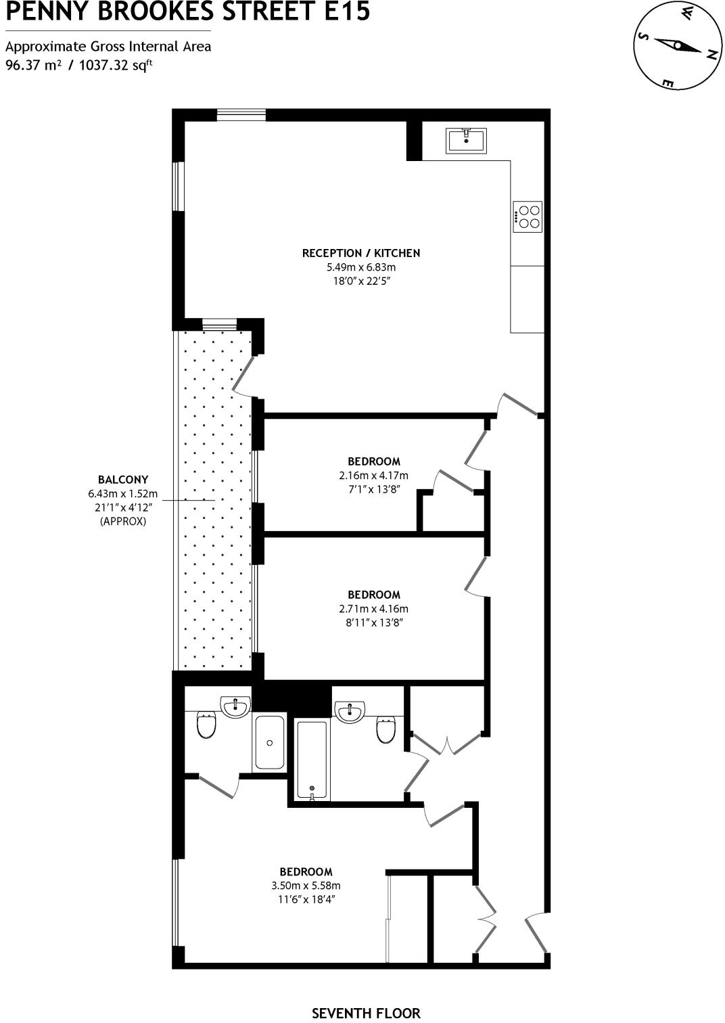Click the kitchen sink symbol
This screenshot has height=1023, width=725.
(x=466, y=140)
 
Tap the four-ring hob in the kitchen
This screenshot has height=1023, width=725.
(x=528, y=217)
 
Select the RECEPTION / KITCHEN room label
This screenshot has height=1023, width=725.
(x=360, y=253)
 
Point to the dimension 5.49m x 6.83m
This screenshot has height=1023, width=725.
(x=360, y=267)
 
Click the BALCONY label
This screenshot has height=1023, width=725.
(x=122, y=480)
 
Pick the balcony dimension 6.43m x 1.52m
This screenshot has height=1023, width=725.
(x=122, y=494)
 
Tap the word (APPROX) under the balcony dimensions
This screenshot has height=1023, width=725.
(x=122, y=522)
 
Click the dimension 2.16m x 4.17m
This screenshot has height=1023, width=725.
(x=373, y=476)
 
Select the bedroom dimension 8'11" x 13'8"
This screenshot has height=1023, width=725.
(x=373, y=623)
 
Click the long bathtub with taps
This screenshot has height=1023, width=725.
(x=312, y=760)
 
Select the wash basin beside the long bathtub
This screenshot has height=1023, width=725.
(x=350, y=711)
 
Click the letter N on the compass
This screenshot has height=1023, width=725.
(x=710, y=55)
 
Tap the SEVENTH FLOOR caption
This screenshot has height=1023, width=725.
(x=365, y=1013)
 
